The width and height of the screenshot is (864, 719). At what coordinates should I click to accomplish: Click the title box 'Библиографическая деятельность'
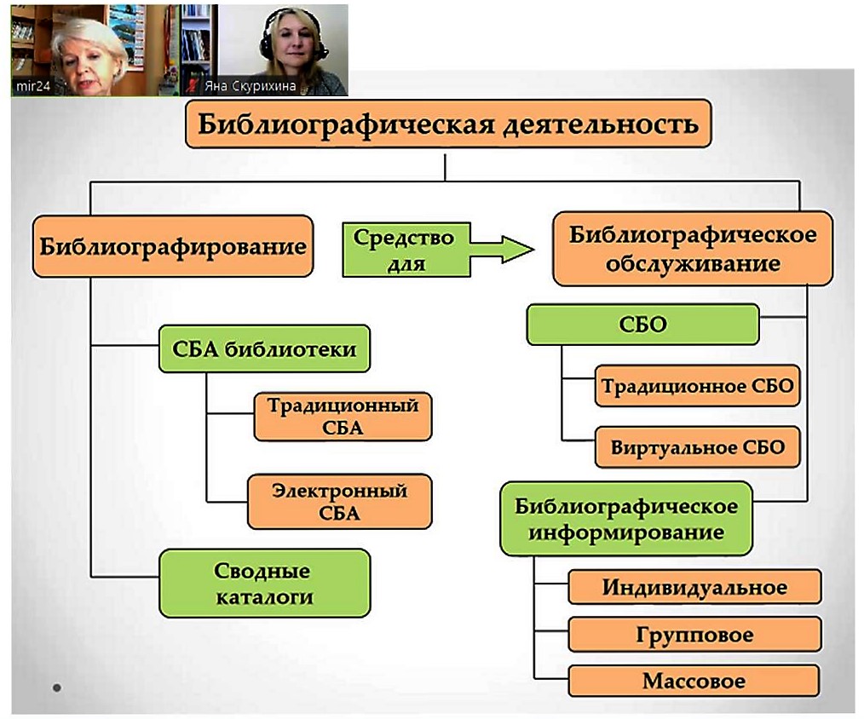click(x=448, y=124)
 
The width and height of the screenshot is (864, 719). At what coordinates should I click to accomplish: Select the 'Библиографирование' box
click(x=173, y=246)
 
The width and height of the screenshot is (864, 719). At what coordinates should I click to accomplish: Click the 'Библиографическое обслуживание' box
click(x=693, y=249)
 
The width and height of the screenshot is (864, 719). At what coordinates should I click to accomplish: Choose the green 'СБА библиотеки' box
click(x=264, y=348)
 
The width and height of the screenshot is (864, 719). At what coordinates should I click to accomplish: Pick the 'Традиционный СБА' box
click(x=343, y=417)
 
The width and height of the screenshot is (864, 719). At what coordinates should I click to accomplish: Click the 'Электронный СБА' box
click(x=339, y=502)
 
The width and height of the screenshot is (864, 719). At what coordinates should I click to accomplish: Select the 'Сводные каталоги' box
click(x=264, y=583)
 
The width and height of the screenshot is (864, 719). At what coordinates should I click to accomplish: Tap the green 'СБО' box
click(x=642, y=325)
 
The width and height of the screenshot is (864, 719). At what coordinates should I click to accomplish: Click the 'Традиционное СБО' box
click(x=697, y=386)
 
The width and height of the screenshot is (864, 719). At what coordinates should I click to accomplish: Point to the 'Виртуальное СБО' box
click(x=697, y=447)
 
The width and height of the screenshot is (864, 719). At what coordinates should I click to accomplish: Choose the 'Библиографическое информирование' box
click(x=626, y=519)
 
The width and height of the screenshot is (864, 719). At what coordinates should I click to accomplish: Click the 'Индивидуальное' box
click(x=694, y=587)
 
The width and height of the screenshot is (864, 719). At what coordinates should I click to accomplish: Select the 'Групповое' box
click(x=694, y=635)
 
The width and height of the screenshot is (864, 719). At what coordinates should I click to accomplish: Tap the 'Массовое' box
click(x=694, y=681)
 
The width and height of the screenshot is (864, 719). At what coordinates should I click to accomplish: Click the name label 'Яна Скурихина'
click(x=250, y=86)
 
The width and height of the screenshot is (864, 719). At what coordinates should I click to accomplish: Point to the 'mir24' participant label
click(x=33, y=87)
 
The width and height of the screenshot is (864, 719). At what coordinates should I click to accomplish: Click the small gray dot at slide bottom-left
click(x=57, y=687)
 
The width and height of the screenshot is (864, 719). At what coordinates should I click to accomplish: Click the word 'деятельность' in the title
click(x=602, y=124)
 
